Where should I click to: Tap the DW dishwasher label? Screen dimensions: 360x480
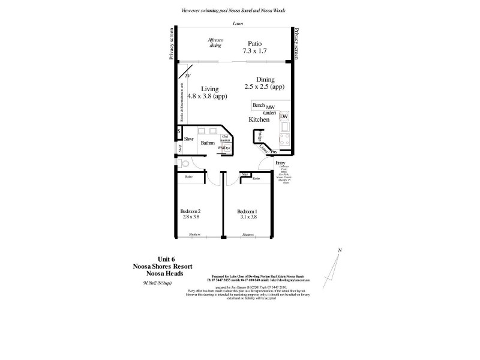284,116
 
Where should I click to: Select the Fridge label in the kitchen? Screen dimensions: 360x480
259,136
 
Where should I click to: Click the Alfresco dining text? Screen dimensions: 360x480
215,41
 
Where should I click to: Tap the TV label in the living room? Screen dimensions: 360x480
187,76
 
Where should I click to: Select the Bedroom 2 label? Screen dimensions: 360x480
190,211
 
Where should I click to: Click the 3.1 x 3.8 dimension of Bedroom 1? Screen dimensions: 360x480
247,217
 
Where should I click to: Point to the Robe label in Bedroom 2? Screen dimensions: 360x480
188,177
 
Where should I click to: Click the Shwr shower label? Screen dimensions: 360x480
188,139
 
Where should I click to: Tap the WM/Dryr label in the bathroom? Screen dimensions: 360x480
223,147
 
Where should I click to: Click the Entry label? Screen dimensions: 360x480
280,163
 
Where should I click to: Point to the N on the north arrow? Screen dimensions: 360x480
340,250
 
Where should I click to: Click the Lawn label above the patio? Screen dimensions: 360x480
238,23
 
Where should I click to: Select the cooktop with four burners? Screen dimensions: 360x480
284,142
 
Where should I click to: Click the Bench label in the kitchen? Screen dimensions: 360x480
259,105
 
